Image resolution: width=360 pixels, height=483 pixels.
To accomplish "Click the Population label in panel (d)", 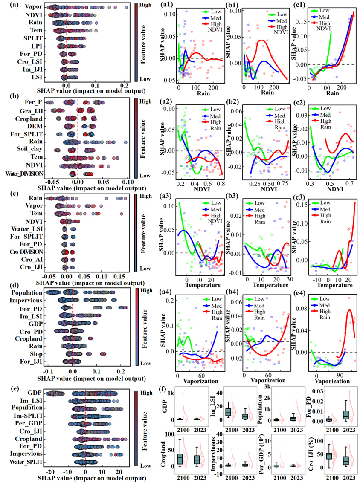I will (x=26, y=293).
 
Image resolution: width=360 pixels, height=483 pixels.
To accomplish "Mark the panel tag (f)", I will (x=157, y=389).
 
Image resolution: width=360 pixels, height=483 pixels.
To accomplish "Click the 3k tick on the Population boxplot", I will (x=264, y=387).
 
